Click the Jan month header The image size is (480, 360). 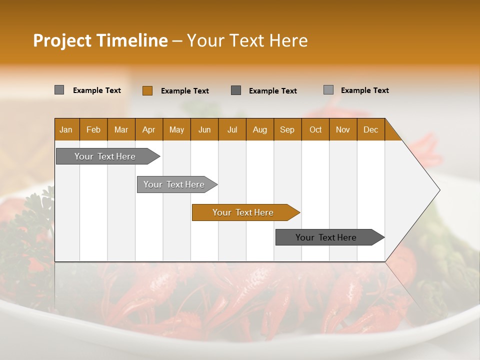click(66, 129)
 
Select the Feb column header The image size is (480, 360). click(93, 129)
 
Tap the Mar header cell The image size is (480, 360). click(121, 129)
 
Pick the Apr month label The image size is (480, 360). click(149, 129)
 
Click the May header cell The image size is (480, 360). click(176, 129)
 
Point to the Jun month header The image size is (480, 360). click(204, 129)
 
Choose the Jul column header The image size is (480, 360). click(232, 129)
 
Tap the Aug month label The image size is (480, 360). click(260, 129)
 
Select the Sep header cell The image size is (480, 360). click(287, 129)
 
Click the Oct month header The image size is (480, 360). click(315, 129)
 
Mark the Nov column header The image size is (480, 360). click(343, 129)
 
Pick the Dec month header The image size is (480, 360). click(371, 129)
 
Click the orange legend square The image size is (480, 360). click(147, 90)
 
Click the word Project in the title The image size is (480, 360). click(62, 40)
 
